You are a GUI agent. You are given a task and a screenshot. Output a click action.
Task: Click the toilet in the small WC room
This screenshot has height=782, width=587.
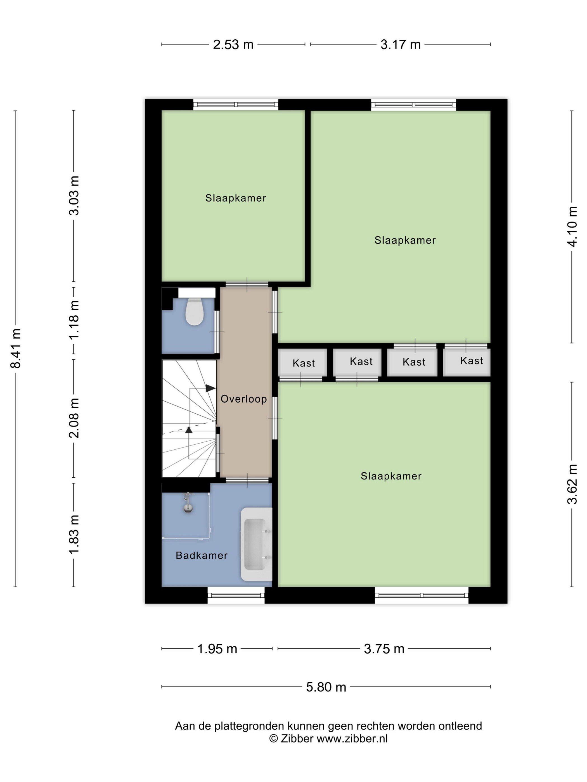click(x=194, y=311)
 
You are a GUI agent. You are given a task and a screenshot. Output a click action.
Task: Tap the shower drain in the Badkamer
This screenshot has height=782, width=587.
click(x=188, y=508)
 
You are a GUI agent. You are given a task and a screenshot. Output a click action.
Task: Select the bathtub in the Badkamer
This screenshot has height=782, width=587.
click(x=256, y=544)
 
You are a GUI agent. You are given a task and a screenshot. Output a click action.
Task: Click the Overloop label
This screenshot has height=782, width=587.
click(x=243, y=399)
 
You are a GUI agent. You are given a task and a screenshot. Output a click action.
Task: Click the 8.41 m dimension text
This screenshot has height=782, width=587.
click(x=16, y=348)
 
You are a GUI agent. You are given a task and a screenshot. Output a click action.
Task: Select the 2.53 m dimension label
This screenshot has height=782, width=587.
click(x=233, y=44)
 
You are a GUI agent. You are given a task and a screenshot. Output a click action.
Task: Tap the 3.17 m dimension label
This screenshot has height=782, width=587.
click(x=401, y=44)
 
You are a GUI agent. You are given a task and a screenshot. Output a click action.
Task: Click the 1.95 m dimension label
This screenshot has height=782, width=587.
click(x=217, y=649)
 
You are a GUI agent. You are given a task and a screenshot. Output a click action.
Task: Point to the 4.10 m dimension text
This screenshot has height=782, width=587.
click(x=572, y=226)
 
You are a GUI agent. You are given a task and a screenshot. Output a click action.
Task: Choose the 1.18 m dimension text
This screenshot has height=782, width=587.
click(x=74, y=320)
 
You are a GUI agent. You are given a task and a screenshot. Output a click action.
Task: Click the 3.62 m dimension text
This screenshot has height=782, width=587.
click(x=572, y=484)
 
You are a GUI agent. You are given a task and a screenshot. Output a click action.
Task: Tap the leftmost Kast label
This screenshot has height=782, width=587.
click(x=304, y=363)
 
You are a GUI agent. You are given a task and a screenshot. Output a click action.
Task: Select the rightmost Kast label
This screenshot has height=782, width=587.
click(x=472, y=361)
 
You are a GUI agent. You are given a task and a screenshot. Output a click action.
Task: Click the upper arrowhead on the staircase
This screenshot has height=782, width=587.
click(x=210, y=388)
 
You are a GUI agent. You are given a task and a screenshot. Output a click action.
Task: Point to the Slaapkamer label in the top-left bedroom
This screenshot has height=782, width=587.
click(x=236, y=198)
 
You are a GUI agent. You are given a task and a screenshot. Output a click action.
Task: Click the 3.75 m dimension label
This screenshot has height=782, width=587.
click(x=384, y=649)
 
